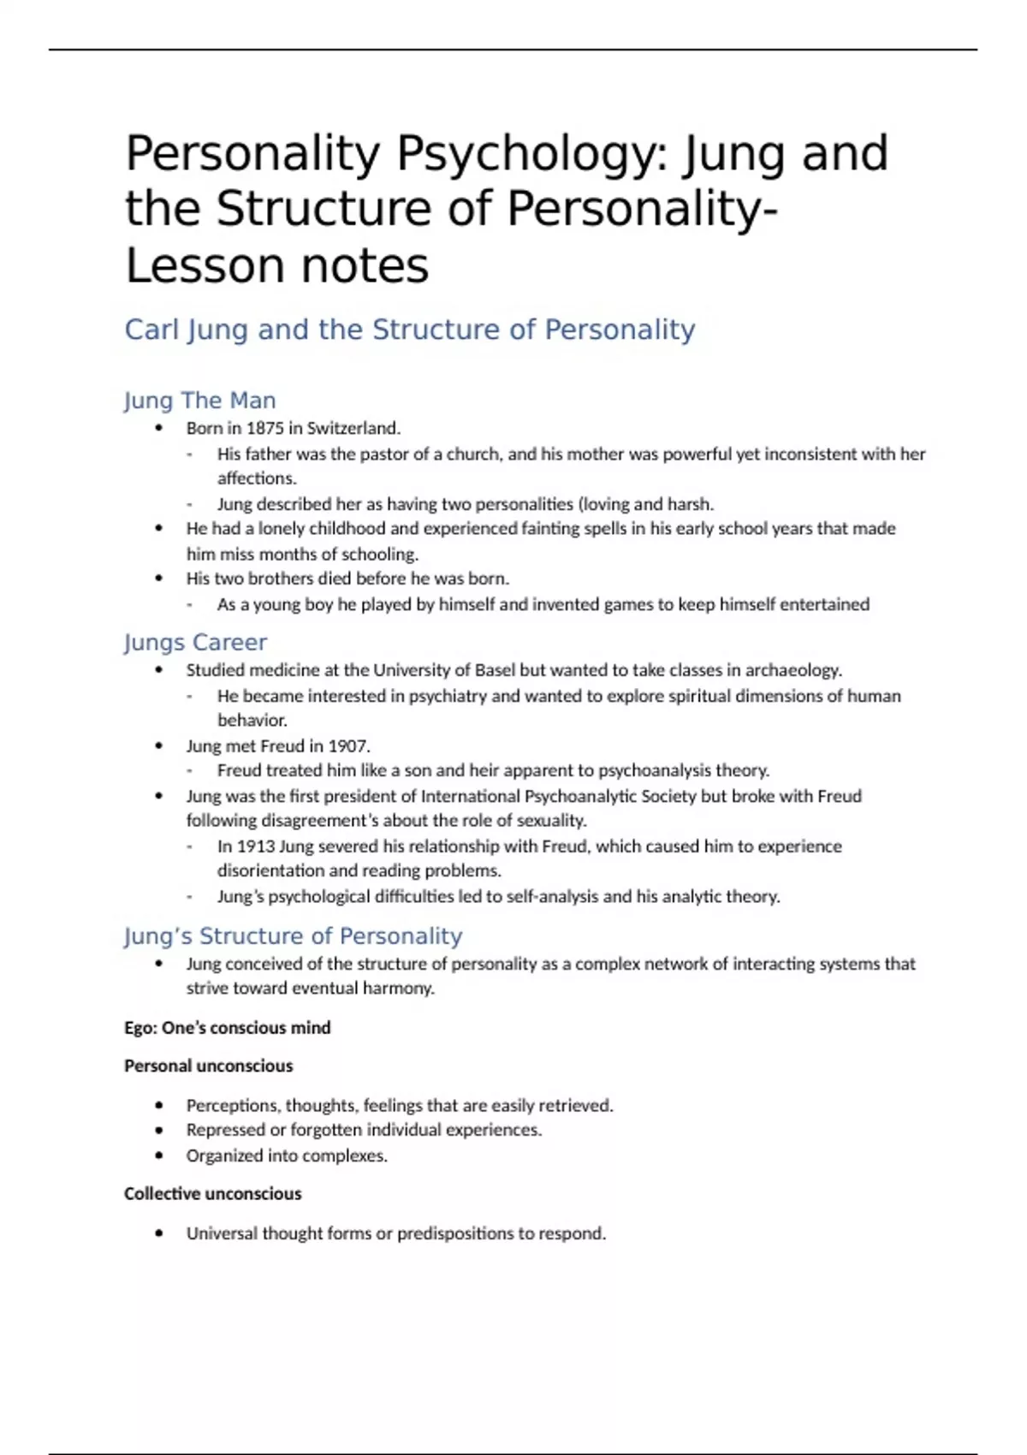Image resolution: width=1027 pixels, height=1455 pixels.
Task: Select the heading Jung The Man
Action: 199,401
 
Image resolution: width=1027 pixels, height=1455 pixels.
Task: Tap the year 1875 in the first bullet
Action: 266,428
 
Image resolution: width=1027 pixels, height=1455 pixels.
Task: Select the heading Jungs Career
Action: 195,643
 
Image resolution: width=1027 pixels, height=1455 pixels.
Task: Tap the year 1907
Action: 348,745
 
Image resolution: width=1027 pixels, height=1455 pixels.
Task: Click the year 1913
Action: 256,846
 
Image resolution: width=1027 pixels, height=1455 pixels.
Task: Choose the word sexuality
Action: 553,821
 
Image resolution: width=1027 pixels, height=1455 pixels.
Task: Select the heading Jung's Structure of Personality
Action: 293,936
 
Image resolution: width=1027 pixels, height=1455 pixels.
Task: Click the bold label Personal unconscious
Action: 208,1066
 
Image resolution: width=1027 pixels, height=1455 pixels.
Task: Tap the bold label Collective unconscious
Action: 212,1194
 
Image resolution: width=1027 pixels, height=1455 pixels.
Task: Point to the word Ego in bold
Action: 140,1028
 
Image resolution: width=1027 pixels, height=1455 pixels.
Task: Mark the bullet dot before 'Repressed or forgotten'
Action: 159,1131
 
